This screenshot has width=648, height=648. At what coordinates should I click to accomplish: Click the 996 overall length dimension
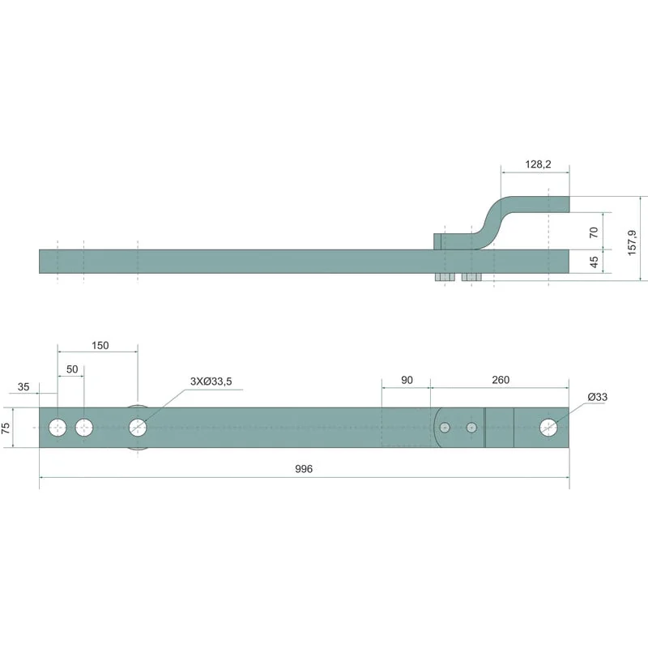[x=304, y=469]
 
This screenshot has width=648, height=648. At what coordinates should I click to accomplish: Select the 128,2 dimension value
[x=538, y=164]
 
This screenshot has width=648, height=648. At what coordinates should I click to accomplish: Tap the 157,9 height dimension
[x=632, y=242]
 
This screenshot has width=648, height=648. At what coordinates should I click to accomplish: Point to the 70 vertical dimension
[x=594, y=232]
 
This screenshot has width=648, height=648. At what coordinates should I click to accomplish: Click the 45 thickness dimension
[x=594, y=262]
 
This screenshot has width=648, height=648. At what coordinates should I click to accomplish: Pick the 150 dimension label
[x=100, y=346]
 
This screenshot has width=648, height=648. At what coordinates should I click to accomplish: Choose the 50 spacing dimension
[x=72, y=369]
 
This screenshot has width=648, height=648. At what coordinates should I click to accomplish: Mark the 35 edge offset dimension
[x=23, y=387]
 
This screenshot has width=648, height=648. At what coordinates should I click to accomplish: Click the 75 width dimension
[x=6, y=428]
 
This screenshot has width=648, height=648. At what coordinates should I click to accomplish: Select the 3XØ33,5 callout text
[x=211, y=382]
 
